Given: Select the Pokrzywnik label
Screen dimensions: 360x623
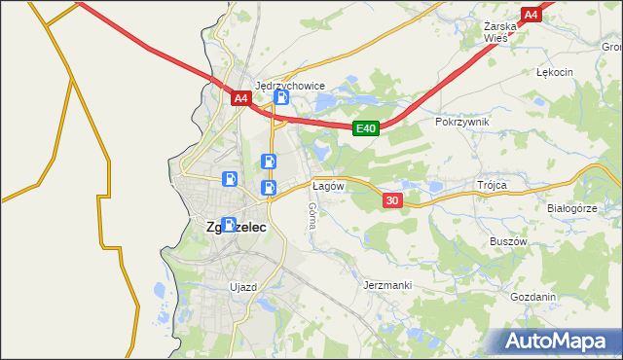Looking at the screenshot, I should click(462, 122).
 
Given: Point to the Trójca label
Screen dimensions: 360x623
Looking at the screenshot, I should click(494, 184).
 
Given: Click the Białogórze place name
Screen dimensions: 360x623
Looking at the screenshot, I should click(571, 208).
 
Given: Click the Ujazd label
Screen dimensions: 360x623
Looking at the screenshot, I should click(242, 287).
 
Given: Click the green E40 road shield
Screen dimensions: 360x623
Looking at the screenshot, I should click(365, 127).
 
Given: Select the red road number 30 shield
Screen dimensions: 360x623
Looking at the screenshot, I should click(392, 200).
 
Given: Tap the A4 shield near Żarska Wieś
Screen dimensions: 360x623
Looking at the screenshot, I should click(531, 15).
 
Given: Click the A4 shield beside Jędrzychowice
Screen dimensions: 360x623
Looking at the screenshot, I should click(241, 98).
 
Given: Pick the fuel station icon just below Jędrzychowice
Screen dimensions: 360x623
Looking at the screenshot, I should click(281, 97).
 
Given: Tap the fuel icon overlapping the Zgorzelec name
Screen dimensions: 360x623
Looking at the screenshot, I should click(228, 224).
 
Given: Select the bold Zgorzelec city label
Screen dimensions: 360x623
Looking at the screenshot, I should click(237, 227).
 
